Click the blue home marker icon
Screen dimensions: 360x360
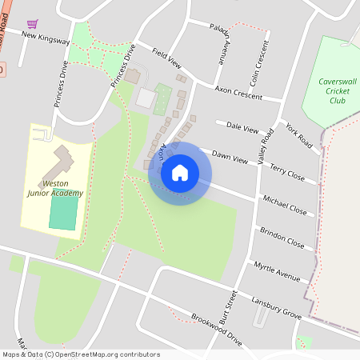coord(180,173)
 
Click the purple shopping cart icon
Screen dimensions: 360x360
coord(32,24)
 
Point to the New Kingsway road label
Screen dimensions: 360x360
coord(46,37)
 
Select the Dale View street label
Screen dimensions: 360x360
coord(243,127)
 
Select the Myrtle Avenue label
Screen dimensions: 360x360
coord(277,270)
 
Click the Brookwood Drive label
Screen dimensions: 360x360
coord(216,329)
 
